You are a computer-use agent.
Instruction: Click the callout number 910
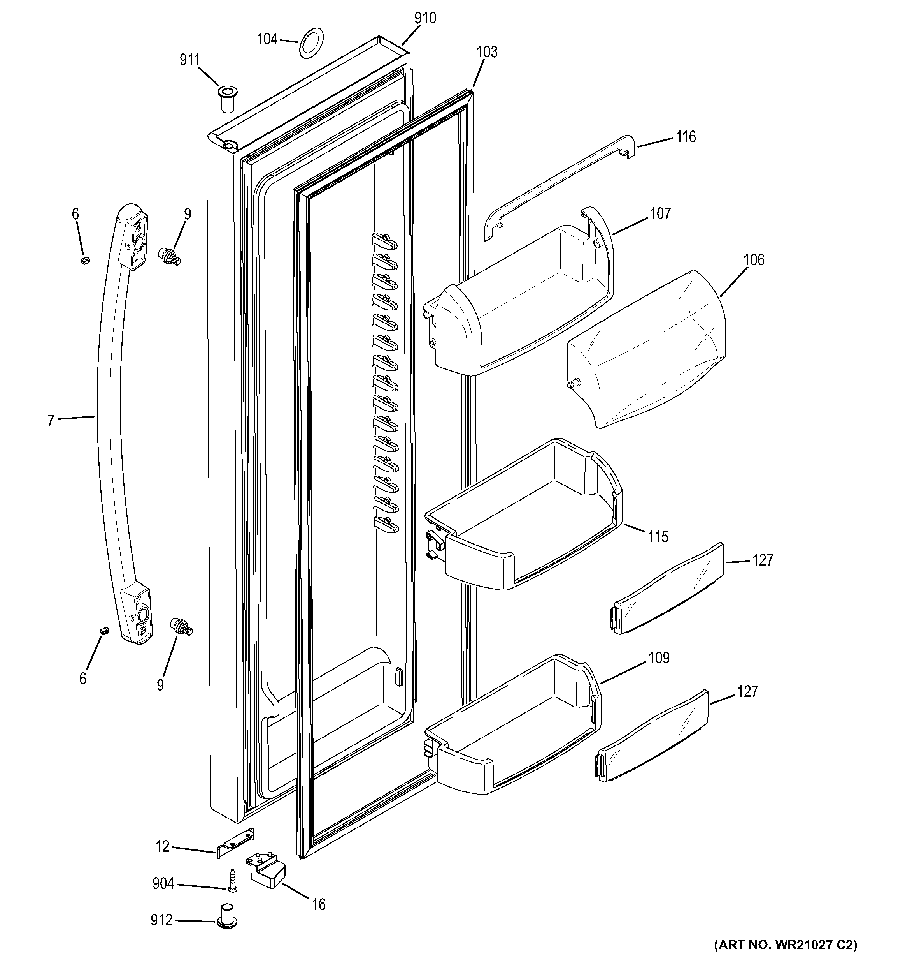coord(425,18)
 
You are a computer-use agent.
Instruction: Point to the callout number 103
coord(486,52)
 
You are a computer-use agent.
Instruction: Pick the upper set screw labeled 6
coord(86,261)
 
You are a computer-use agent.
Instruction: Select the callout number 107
coord(660,213)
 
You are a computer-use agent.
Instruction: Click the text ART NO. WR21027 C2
coord(785,944)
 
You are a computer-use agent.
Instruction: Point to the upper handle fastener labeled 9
coord(170,256)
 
